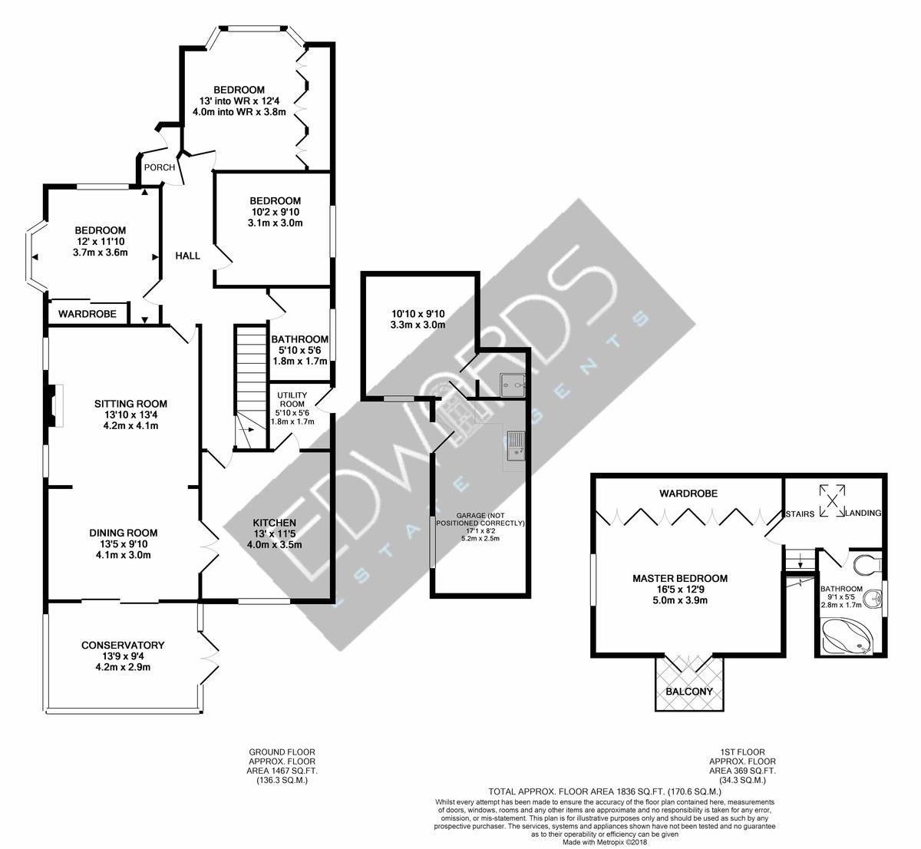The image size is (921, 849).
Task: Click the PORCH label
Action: [x=160, y=167]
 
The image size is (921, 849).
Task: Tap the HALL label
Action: [x=187, y=256]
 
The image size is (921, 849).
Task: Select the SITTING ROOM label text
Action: [x=130, y=404]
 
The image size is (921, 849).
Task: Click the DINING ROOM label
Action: [x=123, y=533]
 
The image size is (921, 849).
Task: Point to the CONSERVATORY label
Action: [x=123, y=645]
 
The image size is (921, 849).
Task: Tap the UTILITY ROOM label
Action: [x=292, y=398]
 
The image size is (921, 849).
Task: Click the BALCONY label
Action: [x=690, y=691]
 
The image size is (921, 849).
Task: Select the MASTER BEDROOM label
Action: [x=679, y=578]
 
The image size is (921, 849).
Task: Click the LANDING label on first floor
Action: [x=863, y=513]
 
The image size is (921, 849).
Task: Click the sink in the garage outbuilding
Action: [x=515, y=445]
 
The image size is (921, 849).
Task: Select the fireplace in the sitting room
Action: [x=51, y=405]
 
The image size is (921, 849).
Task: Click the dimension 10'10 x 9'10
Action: [x=418, y=313]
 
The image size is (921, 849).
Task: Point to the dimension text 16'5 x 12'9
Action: [x=679, y=590]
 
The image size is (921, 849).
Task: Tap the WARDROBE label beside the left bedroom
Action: [x=87, y=314]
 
